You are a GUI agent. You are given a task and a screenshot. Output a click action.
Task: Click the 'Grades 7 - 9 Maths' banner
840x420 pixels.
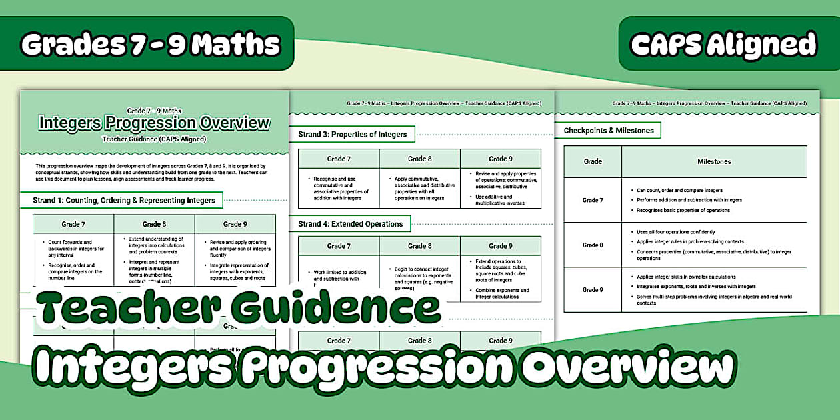point(150,44)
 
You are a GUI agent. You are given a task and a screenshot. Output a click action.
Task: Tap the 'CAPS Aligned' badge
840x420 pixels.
point(723,44)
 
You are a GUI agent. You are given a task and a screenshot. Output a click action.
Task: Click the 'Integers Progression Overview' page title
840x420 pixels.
point(155,123)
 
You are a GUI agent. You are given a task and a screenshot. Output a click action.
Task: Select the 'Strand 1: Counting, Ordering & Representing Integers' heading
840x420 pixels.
point(124,200)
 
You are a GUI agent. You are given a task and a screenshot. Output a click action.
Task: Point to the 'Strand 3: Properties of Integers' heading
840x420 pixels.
point(352,134)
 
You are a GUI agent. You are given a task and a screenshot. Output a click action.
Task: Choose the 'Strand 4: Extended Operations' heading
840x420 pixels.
point(350,224)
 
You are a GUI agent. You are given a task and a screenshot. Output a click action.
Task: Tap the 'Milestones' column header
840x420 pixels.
point(714,161)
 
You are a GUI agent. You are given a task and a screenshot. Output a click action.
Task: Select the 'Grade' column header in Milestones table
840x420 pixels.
point(593,161)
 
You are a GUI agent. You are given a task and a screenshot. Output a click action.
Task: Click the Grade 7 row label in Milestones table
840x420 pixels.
point(593,200)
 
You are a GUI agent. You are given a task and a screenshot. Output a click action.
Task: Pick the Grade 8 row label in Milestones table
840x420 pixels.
point(593,245)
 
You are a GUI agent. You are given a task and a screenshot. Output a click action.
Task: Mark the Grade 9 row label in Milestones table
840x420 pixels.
point(593,289)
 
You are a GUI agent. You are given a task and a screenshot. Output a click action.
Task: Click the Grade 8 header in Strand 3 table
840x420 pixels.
point(419,159)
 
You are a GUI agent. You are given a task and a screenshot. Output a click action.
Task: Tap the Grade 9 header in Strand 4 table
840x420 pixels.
point(500,246)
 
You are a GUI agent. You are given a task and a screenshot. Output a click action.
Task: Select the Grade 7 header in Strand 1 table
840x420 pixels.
point(73,224)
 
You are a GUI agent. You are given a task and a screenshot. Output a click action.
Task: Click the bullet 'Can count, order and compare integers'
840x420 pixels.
point(679,191)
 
